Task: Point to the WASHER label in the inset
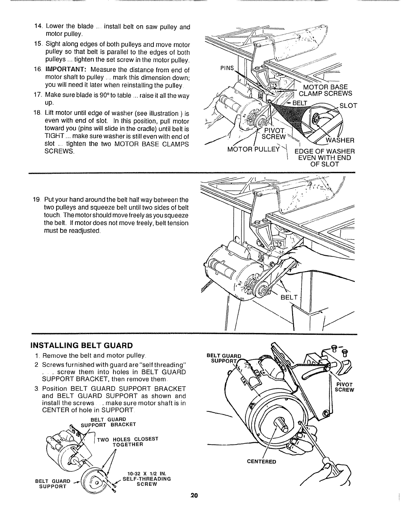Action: coord(340,140)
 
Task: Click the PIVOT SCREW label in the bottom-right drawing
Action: coord(345,387)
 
